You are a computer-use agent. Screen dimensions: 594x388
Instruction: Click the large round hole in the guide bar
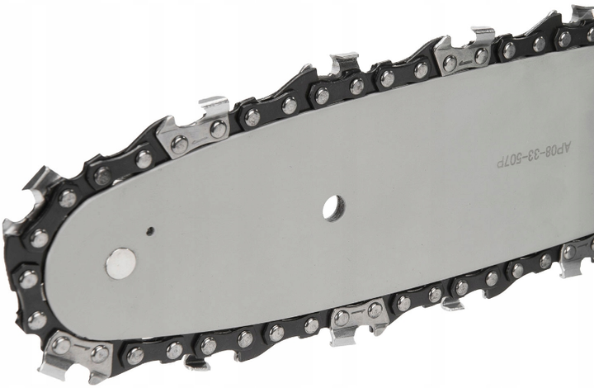(334, 208)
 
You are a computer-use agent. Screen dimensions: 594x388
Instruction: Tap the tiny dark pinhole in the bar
(150, 230)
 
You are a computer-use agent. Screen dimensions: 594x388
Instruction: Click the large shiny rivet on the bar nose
(120, 263)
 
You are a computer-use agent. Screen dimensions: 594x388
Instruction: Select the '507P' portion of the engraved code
(508, 162)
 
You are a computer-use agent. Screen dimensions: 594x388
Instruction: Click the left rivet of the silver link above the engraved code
(450, 63)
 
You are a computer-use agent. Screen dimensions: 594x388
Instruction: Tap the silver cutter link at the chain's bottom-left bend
(77, 356)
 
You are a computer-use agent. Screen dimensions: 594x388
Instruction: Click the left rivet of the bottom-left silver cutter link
(60, 345)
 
